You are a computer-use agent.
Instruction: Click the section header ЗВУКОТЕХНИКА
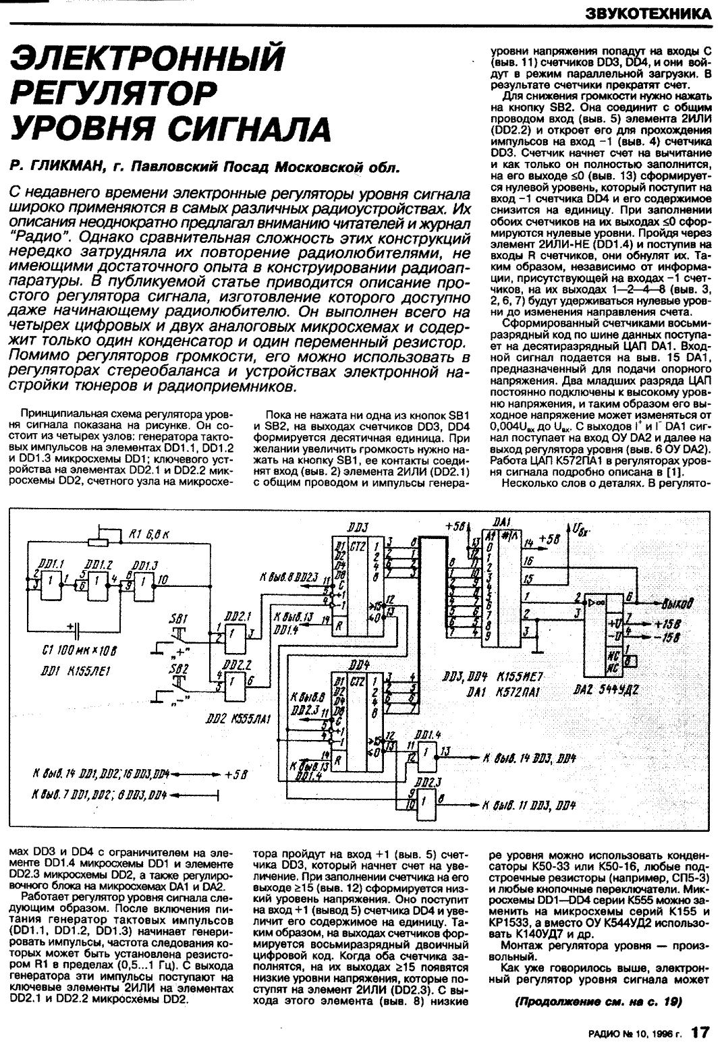(x=648, y=13)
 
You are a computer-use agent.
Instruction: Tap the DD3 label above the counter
(x=357, y=526)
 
